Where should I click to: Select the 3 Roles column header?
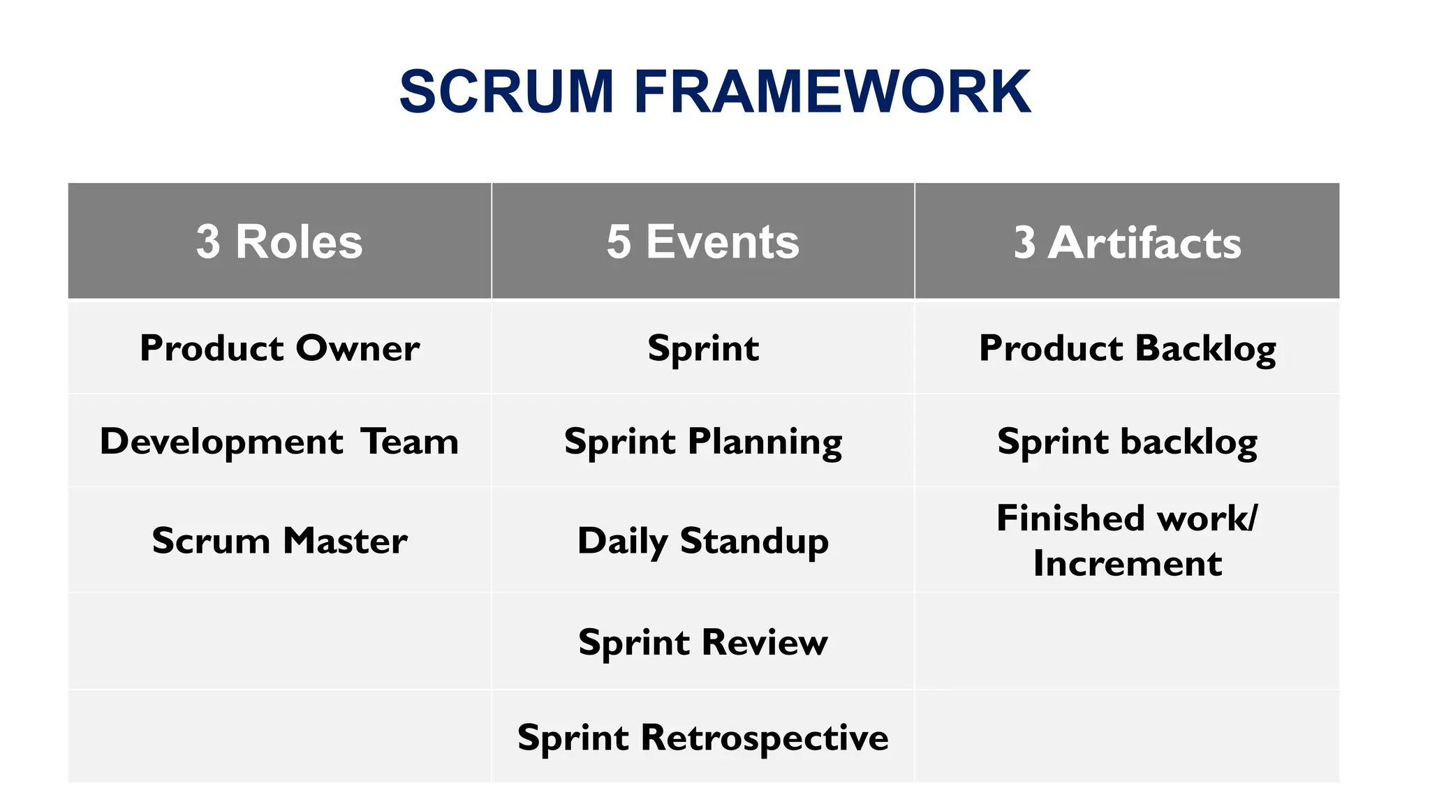(x=279, y=241)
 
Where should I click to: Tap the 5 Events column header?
(x=702, y=241)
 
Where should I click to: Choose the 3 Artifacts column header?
(x=1127, y=242)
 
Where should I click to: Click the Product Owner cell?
(x=279, y=348)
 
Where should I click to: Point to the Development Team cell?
(x=279, y=441)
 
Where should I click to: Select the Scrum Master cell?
(x=279, y=540)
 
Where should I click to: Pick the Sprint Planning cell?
(x=702, y=441)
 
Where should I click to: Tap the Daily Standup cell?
(x=702, y=540)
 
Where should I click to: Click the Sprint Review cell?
(x=702, y=641)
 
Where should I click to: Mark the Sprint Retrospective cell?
(x=702, y=737)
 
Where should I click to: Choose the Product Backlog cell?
(x=1127, y=348)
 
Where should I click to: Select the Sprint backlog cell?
(x=1127, y=441)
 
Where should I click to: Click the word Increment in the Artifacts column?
(x=1127, y=563)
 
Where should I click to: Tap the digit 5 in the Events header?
(x=618, y=241)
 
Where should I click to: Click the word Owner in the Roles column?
(x=357, y=348)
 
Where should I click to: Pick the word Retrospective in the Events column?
(x=764, y=737)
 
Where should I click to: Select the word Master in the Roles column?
(x=344, y=540)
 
